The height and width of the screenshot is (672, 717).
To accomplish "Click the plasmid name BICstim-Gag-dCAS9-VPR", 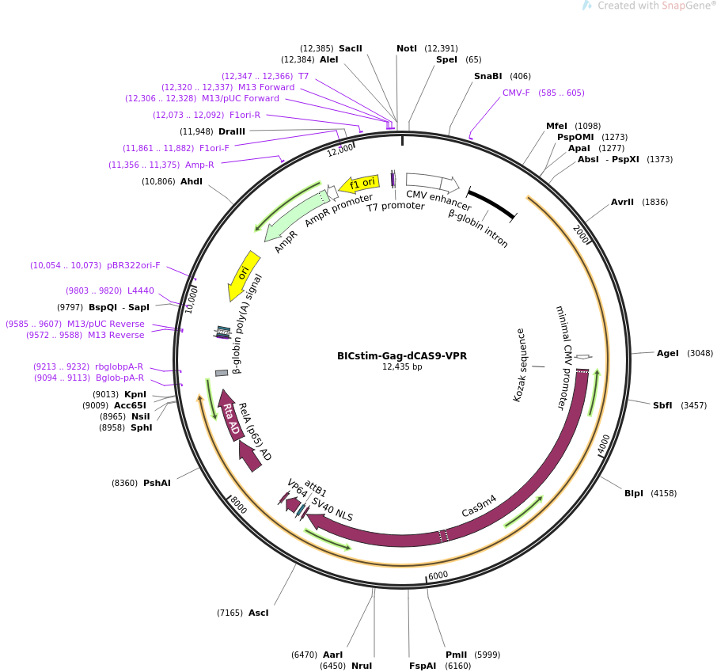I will pos(402,355).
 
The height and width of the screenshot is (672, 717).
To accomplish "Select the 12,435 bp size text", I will pos(402,366).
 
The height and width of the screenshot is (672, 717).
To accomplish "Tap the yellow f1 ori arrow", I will pos(360,184).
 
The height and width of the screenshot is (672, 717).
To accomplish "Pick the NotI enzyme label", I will pos(407,48).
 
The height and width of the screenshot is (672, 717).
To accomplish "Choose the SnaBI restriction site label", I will pos(487,76).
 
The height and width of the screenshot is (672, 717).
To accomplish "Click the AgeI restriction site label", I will pos(667,353).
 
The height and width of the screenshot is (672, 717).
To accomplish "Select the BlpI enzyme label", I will pos(634,493).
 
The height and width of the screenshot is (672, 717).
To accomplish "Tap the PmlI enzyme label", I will pos(456,655).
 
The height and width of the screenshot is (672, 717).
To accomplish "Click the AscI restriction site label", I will pos(259,613).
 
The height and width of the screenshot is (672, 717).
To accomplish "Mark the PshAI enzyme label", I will pos(157,483).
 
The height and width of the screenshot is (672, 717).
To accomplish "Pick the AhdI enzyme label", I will pos(192,181).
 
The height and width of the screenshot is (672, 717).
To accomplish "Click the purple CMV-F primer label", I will pos(516,93).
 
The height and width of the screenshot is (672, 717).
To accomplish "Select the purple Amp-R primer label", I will pos(199,165).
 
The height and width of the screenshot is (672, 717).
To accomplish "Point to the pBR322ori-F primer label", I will pos(133,265).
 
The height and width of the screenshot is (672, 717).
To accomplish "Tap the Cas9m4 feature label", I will pos(479,506).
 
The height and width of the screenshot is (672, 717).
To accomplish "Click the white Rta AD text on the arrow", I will pos(231,419).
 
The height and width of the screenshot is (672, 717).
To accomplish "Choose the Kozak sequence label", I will pos(519,365).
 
